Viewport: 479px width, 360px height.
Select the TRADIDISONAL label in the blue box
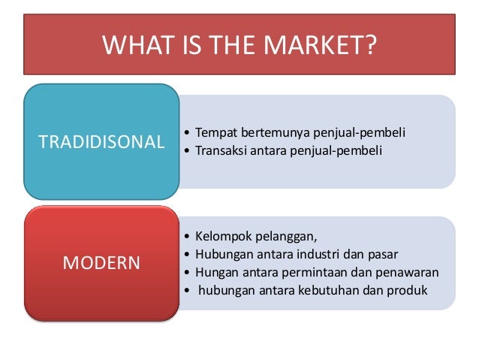(x=101, y=141)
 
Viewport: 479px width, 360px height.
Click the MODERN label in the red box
(x=101, y=263)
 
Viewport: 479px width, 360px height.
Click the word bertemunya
(x=270, y=133)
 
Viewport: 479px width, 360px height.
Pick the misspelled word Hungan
(x=217, y=271)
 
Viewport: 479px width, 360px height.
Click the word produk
(x=409, y=289)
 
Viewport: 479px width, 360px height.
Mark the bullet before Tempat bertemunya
(x=186, y=134)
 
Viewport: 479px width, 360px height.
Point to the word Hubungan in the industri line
(x=223, y=254)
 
